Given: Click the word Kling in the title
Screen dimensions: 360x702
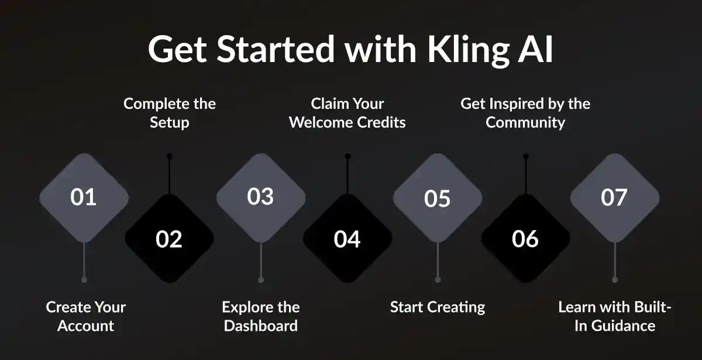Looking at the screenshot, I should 455,50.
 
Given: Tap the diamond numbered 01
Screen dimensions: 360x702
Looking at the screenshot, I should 84,197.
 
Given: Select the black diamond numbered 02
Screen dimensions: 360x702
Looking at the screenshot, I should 169,239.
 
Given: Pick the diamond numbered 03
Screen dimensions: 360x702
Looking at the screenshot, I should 261,197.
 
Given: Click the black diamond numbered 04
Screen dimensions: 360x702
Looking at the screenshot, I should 347,239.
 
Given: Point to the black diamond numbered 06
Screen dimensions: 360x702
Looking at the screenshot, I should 525,239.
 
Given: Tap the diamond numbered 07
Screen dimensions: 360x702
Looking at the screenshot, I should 614,197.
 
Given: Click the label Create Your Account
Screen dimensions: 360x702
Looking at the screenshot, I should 85,316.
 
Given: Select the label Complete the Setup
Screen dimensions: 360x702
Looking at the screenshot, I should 170,113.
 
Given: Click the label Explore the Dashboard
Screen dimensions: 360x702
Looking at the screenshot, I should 261,316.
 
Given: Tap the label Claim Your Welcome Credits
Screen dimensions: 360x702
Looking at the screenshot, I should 347,113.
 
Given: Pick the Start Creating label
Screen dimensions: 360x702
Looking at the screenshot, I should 438,307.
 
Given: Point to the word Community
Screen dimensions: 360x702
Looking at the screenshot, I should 525,122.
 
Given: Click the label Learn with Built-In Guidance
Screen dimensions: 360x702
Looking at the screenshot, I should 614,316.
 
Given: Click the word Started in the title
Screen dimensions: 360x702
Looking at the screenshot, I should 277,50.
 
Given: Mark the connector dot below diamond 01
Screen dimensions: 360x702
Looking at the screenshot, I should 84,280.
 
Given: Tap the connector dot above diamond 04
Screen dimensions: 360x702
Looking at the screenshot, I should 347,156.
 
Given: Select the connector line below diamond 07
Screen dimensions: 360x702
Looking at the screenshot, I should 614,260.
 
